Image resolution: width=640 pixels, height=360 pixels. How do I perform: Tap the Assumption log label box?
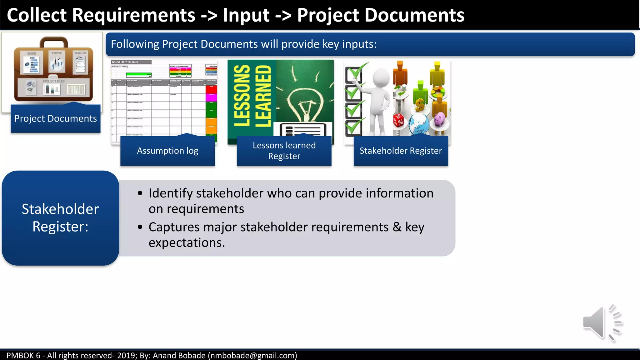(167, 151)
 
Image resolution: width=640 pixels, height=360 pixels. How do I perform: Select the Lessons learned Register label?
(284, 151)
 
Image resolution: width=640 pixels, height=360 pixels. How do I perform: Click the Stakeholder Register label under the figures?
(401, 151)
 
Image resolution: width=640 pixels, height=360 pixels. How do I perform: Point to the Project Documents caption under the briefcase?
(56, 118)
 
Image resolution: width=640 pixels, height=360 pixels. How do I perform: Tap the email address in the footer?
(252, 355)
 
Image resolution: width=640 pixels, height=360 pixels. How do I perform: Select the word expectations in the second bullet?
(187, 242)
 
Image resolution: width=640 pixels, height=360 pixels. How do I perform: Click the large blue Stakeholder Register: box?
(60, 218)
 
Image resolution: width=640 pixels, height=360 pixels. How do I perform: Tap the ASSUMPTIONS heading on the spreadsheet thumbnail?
(125, 62)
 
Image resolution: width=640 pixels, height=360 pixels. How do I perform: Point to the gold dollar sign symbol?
(420, 105)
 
